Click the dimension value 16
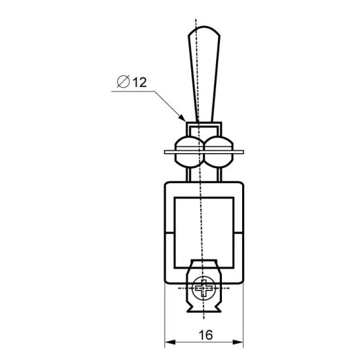point(206,335)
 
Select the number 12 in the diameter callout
point(139,82)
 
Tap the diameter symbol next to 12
point(123,82)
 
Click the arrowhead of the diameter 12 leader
point(182,117)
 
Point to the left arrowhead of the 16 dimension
point(170,342)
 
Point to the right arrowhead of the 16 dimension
point(238,342)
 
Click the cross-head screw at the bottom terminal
point(204,288)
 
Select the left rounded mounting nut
point(189,152)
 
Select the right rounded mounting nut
point(219,152)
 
